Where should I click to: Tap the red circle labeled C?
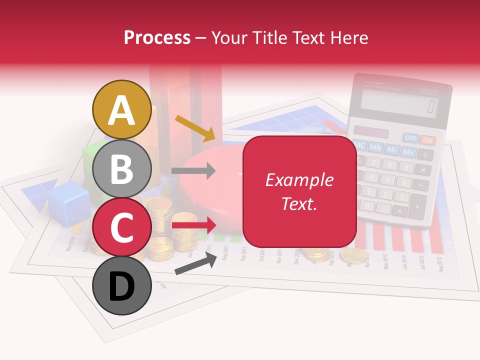[121, 227]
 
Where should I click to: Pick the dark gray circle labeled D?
[121, 285]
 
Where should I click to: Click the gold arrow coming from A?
[194, 127]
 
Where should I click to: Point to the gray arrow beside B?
[193, 171]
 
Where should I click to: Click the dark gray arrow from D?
[195, 263]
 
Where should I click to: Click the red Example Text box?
[299, 191]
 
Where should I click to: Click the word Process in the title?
[157, 37]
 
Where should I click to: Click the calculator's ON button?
[427, 140]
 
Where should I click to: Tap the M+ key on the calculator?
[408, 151]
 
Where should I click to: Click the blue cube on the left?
[69, 202]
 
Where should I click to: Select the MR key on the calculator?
[376, 148]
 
